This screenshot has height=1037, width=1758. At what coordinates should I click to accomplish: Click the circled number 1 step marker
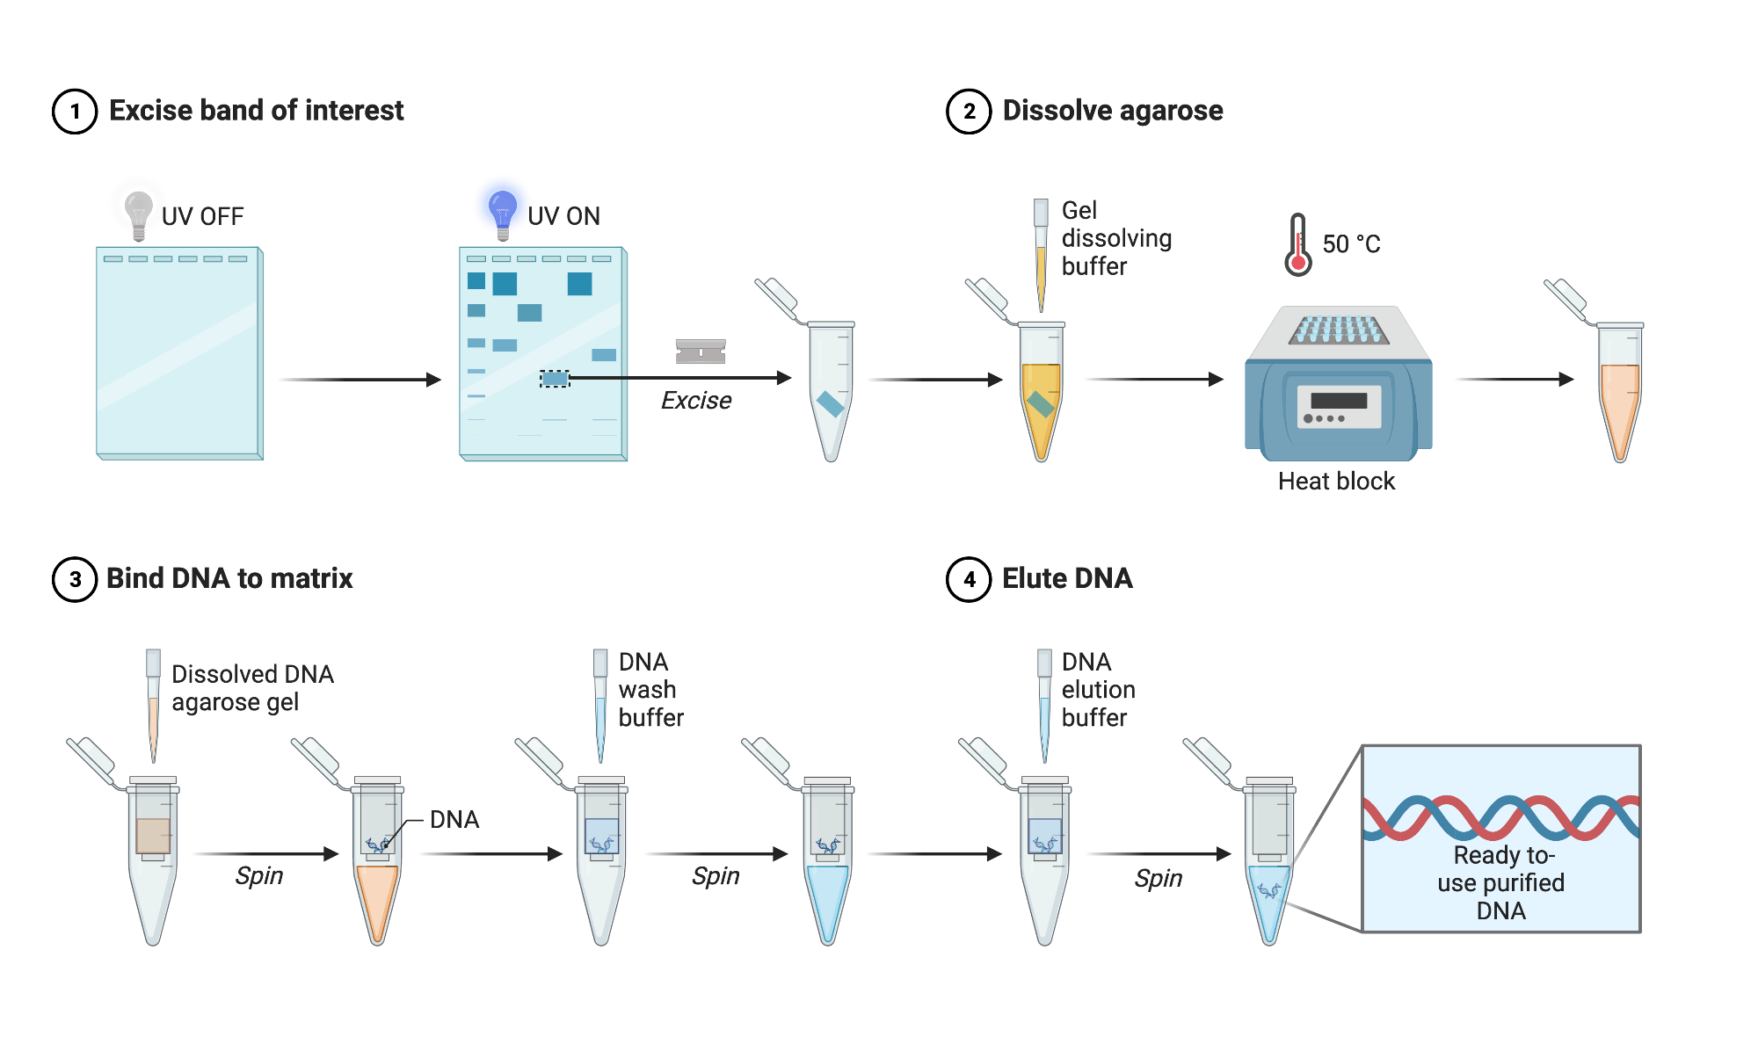coord(75,112)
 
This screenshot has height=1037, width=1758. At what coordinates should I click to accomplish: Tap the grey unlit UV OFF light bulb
coord(138,213)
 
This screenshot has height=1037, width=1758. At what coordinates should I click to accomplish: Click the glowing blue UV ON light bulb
coord(502,212)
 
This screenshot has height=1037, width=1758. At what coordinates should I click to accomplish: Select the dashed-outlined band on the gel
coord(555,379)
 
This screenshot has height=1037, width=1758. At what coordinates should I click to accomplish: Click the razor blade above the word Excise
coord(701,352)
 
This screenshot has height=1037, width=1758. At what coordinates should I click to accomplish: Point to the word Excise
coord(696,401)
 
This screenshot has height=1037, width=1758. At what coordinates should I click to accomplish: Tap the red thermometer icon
coord(1297,245)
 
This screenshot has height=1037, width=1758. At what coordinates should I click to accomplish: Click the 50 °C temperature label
coord(1351,244)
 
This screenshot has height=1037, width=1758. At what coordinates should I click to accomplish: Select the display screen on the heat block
coord(1339,401)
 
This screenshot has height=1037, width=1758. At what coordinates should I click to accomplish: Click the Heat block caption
coord(1336,482)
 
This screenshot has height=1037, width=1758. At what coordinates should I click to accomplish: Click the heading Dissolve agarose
coord(1112,111)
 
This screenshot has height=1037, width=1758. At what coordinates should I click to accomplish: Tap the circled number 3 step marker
coord(75,580)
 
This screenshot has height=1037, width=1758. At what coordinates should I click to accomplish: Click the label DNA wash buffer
coord(650,690)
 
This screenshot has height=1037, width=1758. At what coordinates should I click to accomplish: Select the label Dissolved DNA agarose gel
coord(252,688)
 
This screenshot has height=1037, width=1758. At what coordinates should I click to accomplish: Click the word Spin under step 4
coord(1158,878)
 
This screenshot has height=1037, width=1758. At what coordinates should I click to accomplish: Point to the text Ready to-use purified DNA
coord(1501,882)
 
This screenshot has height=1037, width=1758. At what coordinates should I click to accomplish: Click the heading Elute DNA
coord(1067,578)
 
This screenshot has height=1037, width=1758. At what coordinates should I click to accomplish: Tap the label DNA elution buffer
coord(1097,690)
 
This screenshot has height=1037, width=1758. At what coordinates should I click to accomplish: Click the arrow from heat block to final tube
coord(1514,380)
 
